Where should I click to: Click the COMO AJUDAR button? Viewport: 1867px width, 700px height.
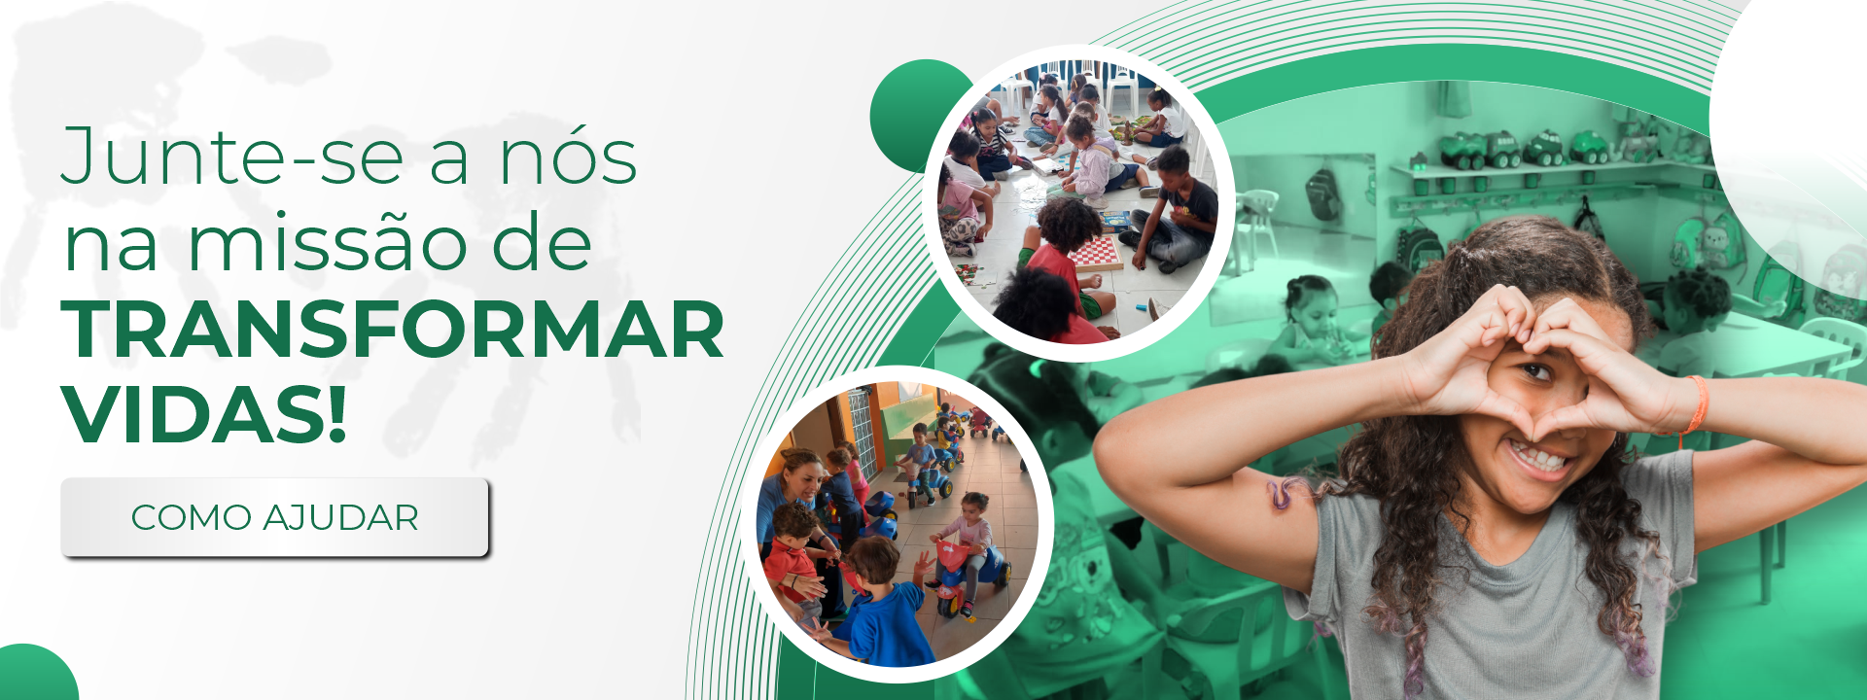[x=274, y=517]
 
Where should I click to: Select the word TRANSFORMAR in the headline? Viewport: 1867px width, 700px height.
[x=393, y=331]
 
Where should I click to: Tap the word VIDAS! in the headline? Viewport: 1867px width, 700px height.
[x=204, y=415]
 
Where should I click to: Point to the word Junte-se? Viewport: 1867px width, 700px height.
[x=232, y=157]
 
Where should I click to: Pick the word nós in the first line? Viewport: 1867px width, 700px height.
[x=569, y=157]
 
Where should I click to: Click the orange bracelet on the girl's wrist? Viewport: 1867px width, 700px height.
[x=1696, y=404]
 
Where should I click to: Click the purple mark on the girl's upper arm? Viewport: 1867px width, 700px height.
[x=1286, y=493]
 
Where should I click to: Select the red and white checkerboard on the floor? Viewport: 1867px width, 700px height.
[x=1097, y=252]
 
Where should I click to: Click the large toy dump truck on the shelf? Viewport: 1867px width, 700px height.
[x=1463, y=150]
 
